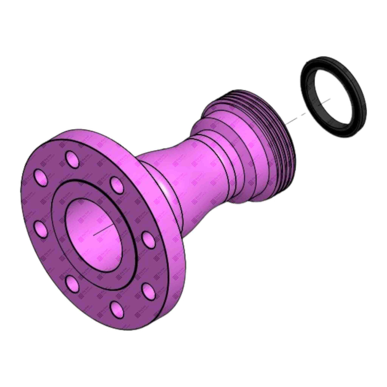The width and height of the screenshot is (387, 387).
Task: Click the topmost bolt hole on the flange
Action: pos(73,158)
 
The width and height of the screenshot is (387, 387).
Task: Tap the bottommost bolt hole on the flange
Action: pos(117,309)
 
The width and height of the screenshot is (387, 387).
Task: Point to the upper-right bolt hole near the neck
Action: pos(117,185)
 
